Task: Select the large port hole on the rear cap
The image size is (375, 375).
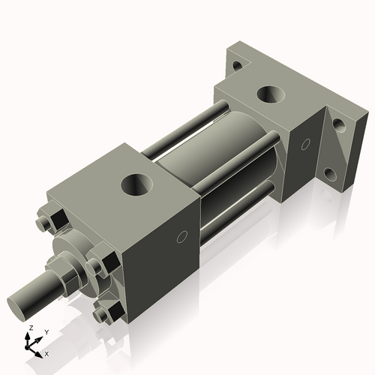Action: point(268,95)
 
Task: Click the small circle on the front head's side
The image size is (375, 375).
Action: point(181,238)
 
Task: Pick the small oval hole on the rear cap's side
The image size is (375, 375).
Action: point(307,142)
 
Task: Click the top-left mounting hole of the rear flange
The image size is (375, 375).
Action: point(237,65)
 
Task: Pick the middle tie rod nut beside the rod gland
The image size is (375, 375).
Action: point(96,266)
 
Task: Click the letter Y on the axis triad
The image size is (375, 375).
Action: point(46,331)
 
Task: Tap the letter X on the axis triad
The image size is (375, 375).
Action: point(47,352)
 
